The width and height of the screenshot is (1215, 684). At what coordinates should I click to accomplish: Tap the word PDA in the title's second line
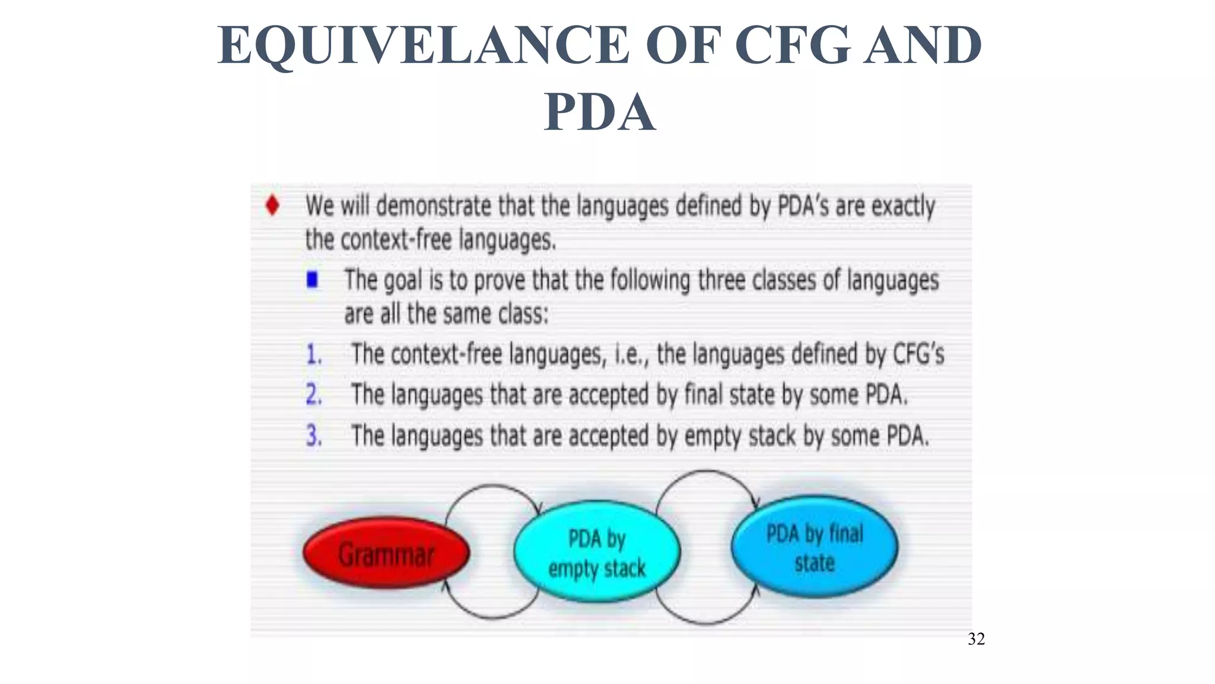[x=600, y=112]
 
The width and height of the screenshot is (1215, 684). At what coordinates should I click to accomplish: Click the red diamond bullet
[x=272, y=205]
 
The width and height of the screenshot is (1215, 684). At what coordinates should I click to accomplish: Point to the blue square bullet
[x=312, y=279]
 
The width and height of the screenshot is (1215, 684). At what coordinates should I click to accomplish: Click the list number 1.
[x=314, y=354]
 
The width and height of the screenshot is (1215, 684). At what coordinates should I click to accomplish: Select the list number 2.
[x=314, y=395]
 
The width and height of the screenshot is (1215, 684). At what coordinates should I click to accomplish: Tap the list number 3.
[x=314, y=436]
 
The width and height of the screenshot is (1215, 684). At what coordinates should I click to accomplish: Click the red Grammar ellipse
[x=386, y=553]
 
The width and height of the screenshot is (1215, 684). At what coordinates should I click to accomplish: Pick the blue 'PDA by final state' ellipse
[x=815, y=547]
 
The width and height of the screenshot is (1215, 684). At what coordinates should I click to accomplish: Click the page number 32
[x=976, y=639]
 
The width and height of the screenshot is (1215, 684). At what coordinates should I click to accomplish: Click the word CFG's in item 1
[x=918, y=354]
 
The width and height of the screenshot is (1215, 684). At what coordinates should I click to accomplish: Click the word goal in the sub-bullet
[x=403, y=280]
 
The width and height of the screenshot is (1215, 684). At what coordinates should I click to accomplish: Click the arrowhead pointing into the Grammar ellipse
[x=445, y=585]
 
